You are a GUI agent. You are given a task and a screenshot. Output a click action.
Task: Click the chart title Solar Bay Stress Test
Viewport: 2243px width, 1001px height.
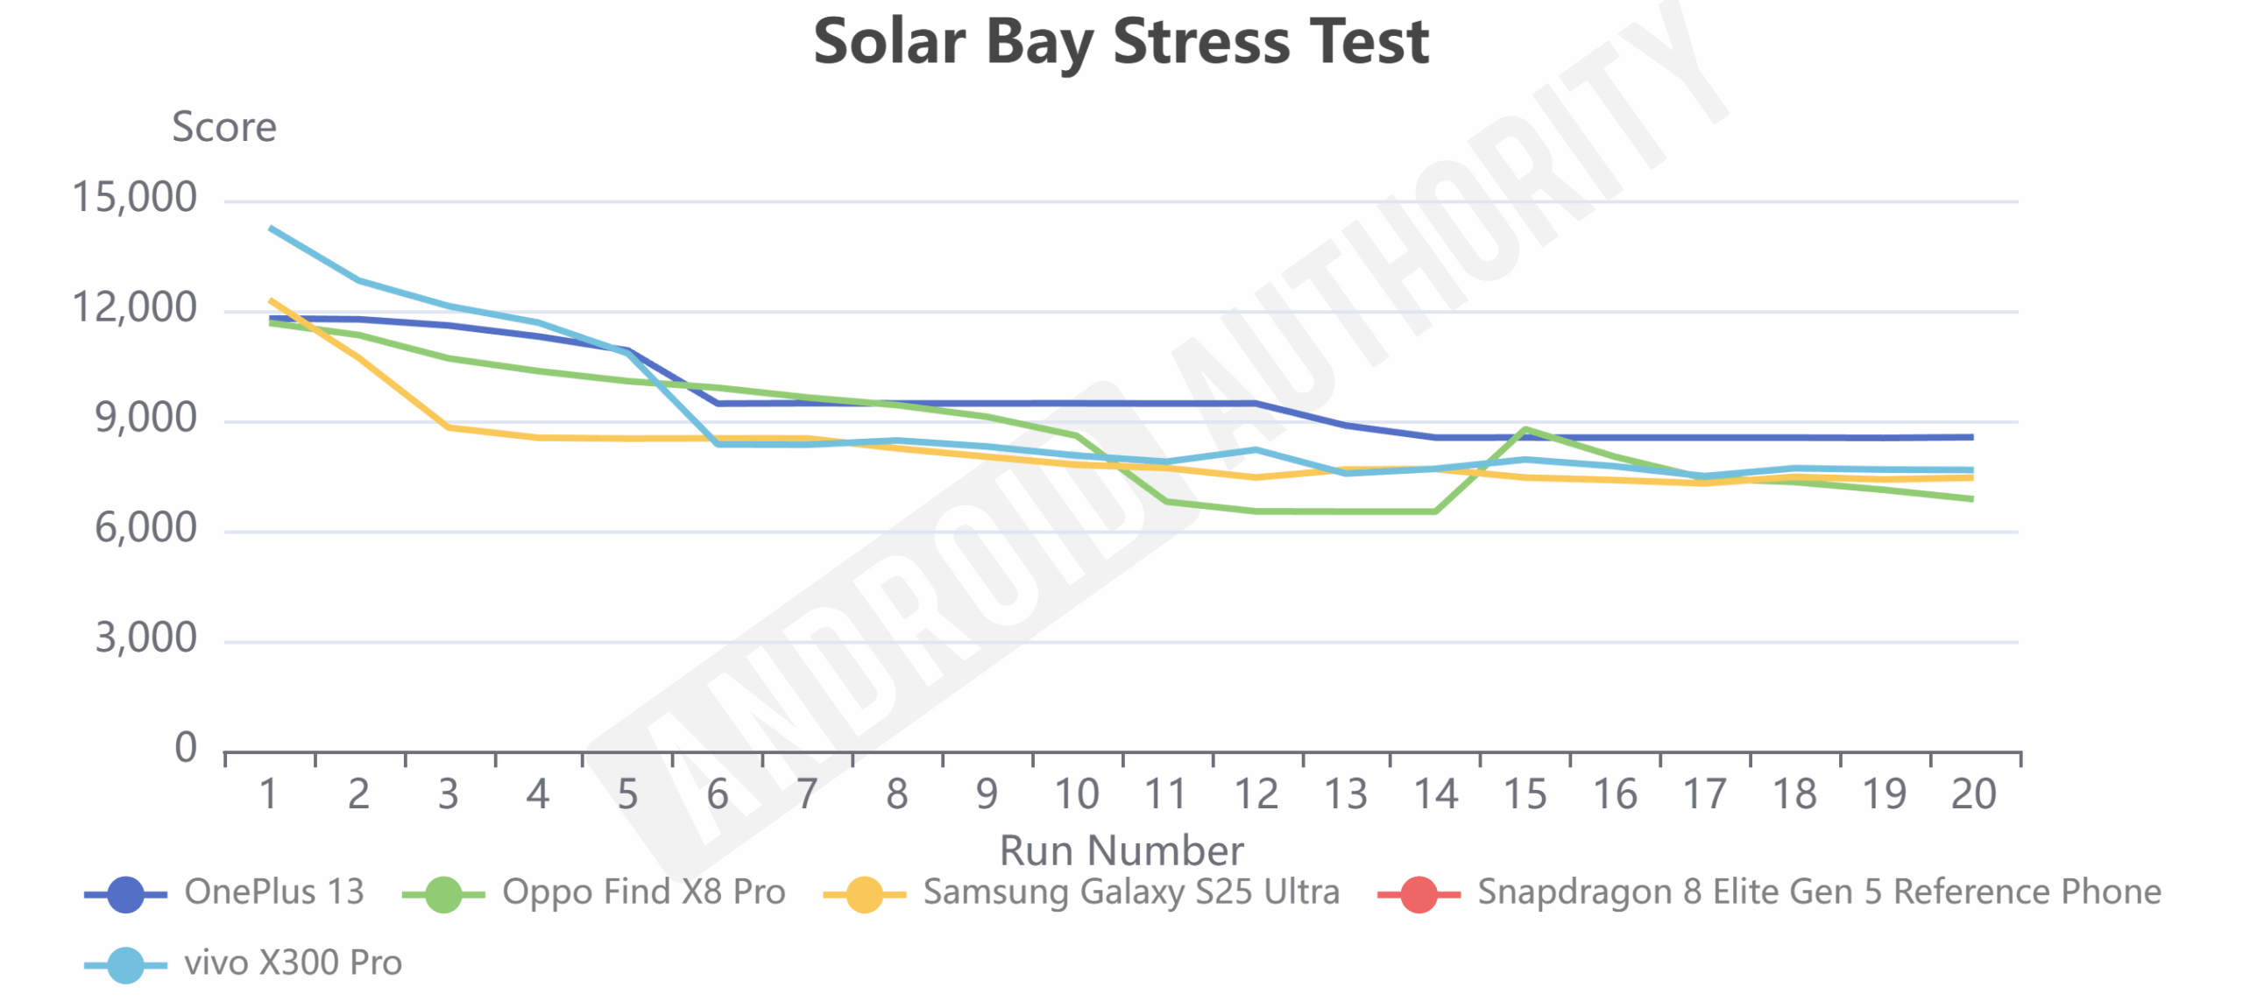(x=1121, y=42)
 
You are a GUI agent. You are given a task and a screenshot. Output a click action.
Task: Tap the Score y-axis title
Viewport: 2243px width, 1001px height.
(x=224, y=127)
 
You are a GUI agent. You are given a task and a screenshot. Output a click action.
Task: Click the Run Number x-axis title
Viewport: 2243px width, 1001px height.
(x=1121, y=849)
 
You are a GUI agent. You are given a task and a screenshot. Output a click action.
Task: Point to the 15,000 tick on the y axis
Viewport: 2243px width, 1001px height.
(x=134, y=198)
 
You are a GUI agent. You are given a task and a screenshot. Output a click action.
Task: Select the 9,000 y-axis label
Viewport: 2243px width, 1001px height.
(x=145, y=419)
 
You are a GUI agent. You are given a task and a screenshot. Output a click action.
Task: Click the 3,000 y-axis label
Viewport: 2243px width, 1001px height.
(x=145, y=638)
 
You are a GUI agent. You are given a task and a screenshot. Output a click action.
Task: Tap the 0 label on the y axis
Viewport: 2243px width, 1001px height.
(x=185, y=749)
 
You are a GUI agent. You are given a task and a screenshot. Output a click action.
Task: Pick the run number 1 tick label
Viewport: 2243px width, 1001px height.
(x=269, y=794)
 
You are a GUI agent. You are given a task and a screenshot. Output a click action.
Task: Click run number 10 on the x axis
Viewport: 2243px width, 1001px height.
(x=1076, y=794)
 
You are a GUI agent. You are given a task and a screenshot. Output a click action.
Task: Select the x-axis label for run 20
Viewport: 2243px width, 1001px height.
(x=1973, y=794)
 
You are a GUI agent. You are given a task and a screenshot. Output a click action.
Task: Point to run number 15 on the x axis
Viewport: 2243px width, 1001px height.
(x=1525, y=794)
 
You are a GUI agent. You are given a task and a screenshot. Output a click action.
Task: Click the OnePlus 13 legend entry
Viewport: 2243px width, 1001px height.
(x=273, y=892)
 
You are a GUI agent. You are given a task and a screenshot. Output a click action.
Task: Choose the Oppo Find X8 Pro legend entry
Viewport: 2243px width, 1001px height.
(x=643, y=892)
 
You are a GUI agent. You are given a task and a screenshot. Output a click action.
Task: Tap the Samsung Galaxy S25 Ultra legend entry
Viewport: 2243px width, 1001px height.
(x=1131, y=892)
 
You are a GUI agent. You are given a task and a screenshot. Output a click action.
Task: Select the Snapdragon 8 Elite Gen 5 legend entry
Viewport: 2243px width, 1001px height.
(x=1819, y=892)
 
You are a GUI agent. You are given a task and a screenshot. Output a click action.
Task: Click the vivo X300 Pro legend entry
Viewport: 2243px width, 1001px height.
(x=293, y=963)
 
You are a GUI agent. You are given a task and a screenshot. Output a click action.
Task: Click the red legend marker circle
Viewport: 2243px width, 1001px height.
(x=1419, y=894)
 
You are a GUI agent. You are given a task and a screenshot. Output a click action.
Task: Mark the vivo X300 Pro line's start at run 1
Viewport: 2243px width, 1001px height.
(x=271, y=228)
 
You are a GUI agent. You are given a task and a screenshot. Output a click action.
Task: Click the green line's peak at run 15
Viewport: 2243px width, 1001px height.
(x=1525, y=429)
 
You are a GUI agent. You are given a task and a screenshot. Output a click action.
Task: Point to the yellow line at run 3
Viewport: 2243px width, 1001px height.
(x=449, y=427)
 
